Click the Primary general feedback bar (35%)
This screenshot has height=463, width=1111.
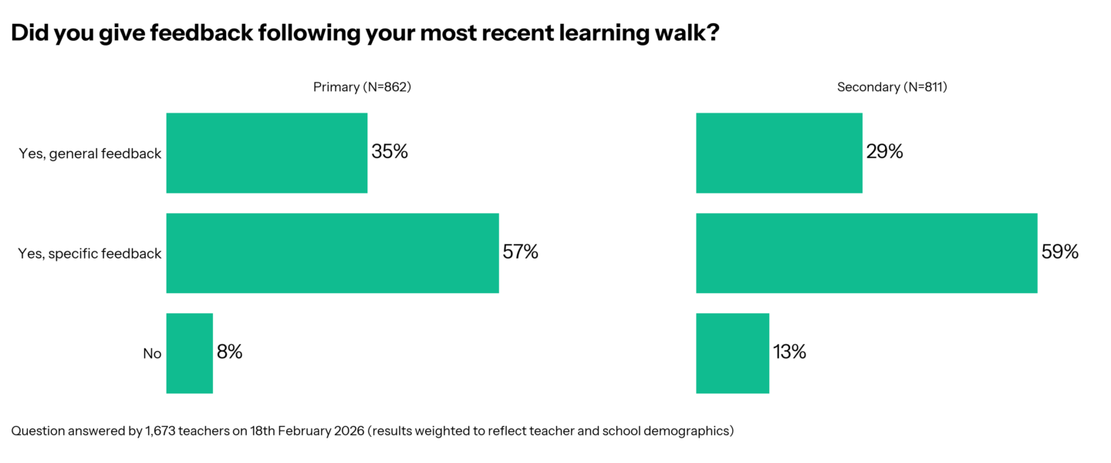(x=266, y=153)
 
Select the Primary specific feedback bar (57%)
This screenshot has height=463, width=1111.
(x=333, y=253)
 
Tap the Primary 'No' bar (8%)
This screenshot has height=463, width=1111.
(x=189, y=353)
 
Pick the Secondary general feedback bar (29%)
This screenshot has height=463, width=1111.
(x=778, y=153)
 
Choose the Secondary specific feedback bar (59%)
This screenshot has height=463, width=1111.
(x=866, y=253)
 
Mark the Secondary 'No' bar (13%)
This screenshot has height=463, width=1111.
(x=732, y=353)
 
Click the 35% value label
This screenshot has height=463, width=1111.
(x=390, y=152)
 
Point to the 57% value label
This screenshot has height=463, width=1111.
(x=520, y=252)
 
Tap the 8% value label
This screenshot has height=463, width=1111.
(x=229, y=353)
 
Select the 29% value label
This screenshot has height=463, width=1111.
(x=884, y=152)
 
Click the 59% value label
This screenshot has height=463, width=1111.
(x=1059, y=252)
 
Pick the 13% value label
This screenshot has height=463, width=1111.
(x=789, y=353)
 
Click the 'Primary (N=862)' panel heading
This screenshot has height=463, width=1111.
(x=362, y=87)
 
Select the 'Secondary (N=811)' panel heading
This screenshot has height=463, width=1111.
(x=892, y=87)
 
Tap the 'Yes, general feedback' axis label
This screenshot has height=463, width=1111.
(x=90, y=154)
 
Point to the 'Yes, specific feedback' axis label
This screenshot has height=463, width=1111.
(x=89, y=254)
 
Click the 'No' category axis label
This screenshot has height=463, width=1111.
(x=152, y=354)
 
